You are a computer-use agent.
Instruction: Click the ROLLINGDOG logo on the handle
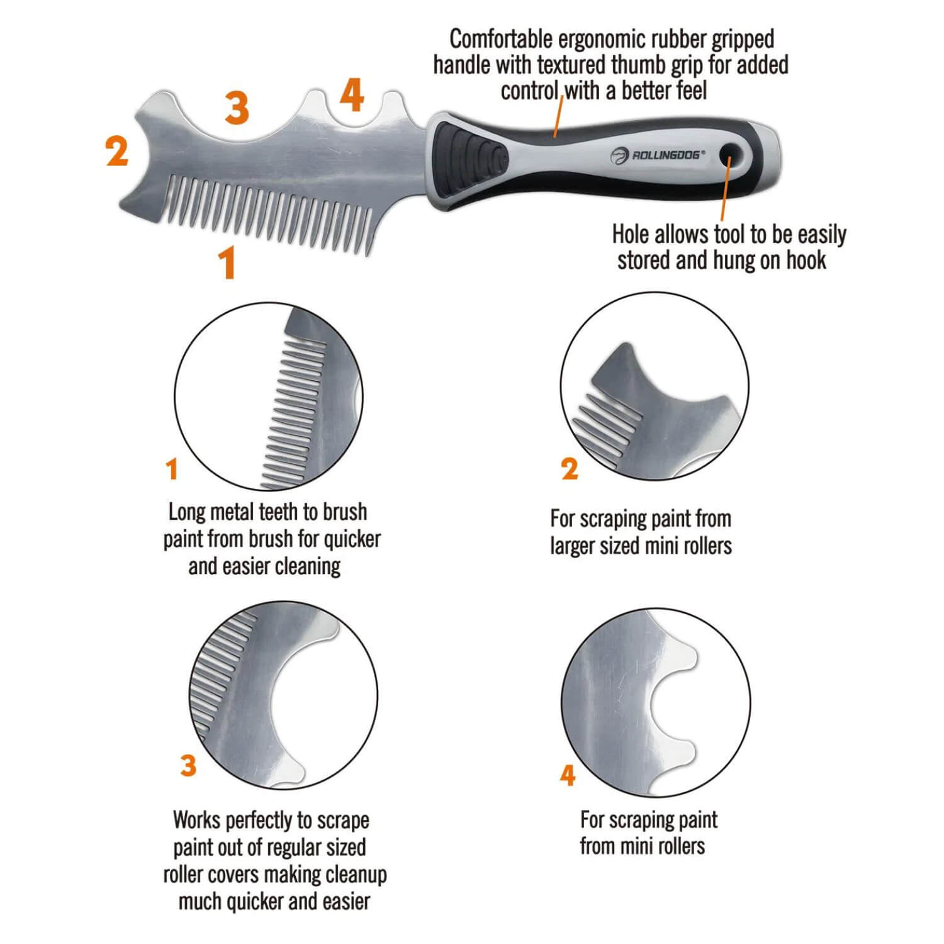point(658,155)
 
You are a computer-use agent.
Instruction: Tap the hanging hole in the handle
point(730,152)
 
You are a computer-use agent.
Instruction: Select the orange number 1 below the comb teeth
point(227,262)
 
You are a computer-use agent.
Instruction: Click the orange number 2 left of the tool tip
point(117,152)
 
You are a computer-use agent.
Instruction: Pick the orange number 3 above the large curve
point(237,108)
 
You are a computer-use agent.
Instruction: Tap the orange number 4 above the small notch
point(352,96)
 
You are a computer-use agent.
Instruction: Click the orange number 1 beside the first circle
point(172,469)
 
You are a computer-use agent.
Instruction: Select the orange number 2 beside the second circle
point(569,469)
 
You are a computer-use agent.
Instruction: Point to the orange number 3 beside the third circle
point(188,766)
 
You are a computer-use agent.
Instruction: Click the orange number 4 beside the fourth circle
point(568,775)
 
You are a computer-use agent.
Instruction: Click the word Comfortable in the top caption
point(500,40)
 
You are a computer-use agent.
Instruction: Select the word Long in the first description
point(186,512)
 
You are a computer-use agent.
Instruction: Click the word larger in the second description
point(573,546)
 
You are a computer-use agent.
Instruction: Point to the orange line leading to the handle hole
point(725,189)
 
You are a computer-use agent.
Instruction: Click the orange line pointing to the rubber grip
point(558,116)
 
